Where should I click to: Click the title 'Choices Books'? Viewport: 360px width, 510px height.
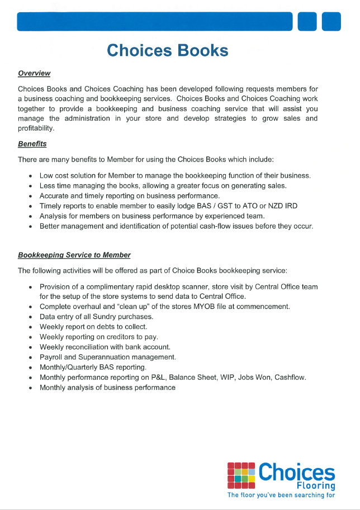[168, 50]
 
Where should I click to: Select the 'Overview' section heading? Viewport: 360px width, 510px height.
[34, 73]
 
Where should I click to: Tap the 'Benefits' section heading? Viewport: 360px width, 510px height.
[32, 144]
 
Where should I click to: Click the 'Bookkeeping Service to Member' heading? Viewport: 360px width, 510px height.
[74, 255]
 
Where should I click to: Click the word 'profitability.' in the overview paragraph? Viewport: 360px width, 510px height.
[36, 128]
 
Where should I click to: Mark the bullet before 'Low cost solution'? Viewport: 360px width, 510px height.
[30, 176]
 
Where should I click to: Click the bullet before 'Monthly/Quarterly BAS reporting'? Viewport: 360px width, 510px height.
[30, 368]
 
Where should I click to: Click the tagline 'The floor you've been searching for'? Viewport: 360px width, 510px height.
[281, 495]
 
